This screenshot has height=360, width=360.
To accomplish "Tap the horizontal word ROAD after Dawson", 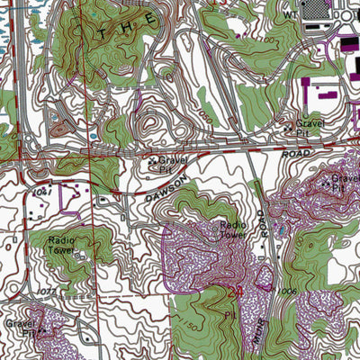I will (x=294, y=155).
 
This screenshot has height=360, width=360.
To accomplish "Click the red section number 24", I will (x=238, y=291).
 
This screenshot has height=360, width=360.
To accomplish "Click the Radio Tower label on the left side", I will (x=62, y=245).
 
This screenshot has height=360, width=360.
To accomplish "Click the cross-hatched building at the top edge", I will (x=318, y=9).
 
